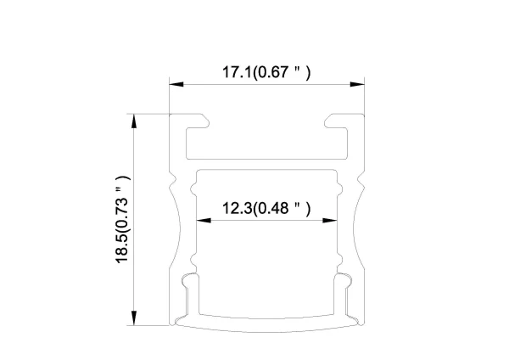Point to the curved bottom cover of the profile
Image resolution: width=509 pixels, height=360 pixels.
click(266, 323)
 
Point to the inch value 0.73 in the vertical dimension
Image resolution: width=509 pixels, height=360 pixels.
click(124, 194)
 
